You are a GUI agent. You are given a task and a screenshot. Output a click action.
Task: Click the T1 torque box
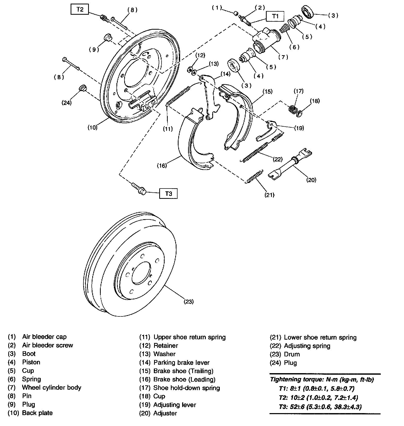(275, 16)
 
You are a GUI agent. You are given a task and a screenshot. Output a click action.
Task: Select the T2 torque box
(80, 10)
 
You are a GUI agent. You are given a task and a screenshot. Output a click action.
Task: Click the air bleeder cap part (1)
(235, 13)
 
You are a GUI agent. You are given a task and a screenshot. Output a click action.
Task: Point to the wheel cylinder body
(265, 41)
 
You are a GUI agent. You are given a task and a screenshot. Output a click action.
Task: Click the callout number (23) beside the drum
(189, 301)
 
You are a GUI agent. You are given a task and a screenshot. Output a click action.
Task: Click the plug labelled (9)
(107, 37)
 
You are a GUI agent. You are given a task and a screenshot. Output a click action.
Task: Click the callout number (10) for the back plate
(92, 127)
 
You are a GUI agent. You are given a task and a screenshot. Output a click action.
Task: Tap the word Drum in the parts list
(292, 354)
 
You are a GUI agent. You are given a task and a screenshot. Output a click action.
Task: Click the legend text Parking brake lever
(181, 363)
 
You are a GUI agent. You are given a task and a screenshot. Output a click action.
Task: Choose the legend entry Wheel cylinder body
(52, 388)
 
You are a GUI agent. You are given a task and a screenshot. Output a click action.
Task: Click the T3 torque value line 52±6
(320, 407)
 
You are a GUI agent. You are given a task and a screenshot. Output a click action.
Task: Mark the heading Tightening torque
(322, 379)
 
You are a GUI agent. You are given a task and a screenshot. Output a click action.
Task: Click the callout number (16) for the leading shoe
(162, 166)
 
